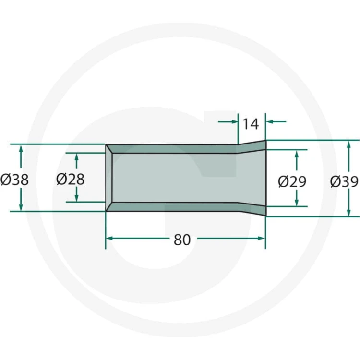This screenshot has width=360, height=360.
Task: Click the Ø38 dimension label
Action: pyautogui.click(x=14, y=180)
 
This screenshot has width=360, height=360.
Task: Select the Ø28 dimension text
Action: pyautogui.click(x=70, y=180)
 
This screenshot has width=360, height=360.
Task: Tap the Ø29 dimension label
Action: pyautogui.click(x=292, y=181)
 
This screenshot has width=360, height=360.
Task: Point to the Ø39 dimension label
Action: pyautogui.click(x=344, y=181)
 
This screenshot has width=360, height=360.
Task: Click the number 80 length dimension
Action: pyautogui.click(x=182, y=240)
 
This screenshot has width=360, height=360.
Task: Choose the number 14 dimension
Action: pyautogui.click(x=251, y=124)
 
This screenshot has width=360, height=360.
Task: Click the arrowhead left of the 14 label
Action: pyautogui.click(x=235, y=122)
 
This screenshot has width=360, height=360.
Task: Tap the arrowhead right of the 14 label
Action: pyautogui.click(x=269, y=122)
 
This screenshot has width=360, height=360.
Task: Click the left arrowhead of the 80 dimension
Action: pyautogui.click(x=109, y=238)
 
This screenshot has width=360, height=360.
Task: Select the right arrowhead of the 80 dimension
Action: pyautogui.click(x=262, y=238)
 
